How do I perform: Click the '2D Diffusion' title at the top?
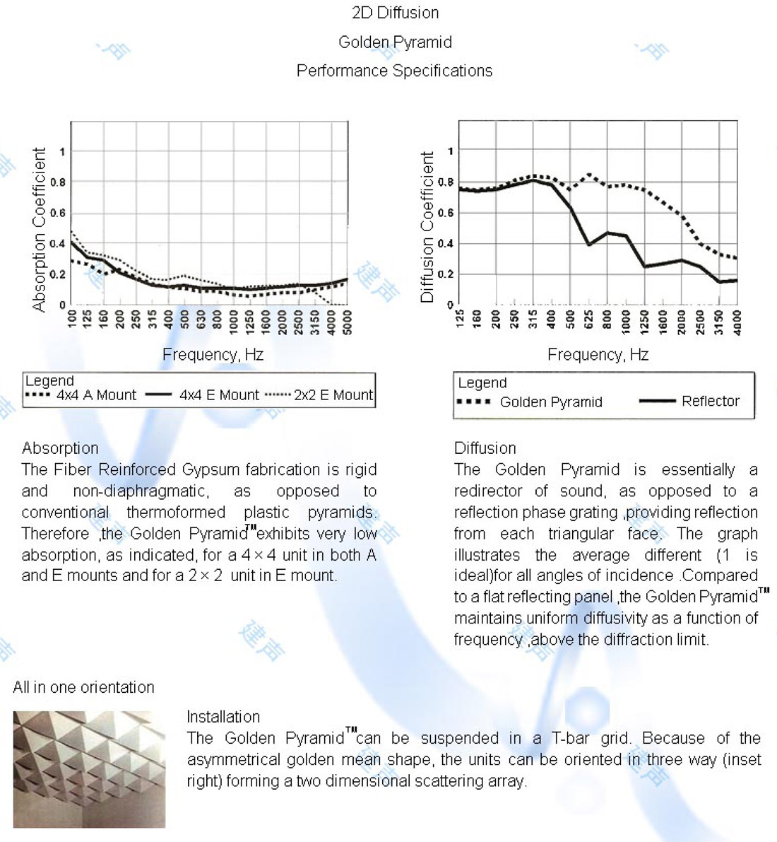[395, 13]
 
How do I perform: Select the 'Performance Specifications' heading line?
[394, 71]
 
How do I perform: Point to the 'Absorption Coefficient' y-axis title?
[40, 229]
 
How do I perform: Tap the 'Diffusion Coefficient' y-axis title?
[427, 228]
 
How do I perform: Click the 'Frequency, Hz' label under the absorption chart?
[213, 354]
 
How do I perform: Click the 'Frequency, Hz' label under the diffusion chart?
[598, 354]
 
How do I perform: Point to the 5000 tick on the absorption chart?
[348, 321]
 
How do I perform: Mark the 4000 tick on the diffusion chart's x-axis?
[737, 321]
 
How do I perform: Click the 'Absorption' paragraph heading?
[60, 448]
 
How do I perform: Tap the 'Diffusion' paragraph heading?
[485, 448]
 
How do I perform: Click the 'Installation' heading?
[223, 716]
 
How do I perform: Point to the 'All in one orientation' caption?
[83, 687]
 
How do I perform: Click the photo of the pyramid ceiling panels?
[89, 769]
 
